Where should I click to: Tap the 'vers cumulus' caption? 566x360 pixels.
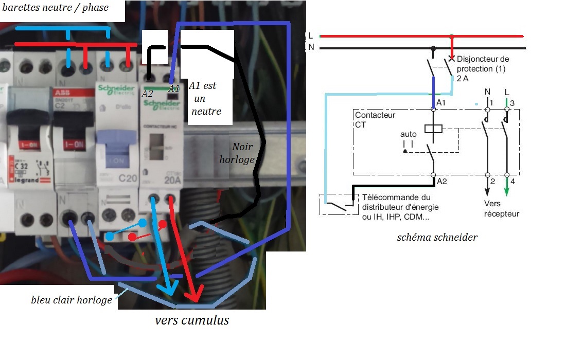tap(192, 320)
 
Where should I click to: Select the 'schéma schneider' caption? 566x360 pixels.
tap(437, 238)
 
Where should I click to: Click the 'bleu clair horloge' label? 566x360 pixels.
tap(72, 299)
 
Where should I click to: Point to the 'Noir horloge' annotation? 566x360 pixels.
tap(237, 153)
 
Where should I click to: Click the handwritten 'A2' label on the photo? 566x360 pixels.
tap(148, 94)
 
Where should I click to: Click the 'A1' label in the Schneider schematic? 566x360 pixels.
tap(441, 103)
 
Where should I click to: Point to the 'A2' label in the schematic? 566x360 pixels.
tap(441, 181)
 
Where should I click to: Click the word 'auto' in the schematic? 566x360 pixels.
tap(409, 134)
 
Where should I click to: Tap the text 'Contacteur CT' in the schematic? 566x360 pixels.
tap(375, 119)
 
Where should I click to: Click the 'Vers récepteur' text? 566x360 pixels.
tap(502, 209)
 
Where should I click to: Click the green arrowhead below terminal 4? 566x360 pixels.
tap(507, 192)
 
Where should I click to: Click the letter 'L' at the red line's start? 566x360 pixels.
tap(310, 35)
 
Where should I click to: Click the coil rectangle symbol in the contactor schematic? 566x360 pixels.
tap(433, 129)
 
